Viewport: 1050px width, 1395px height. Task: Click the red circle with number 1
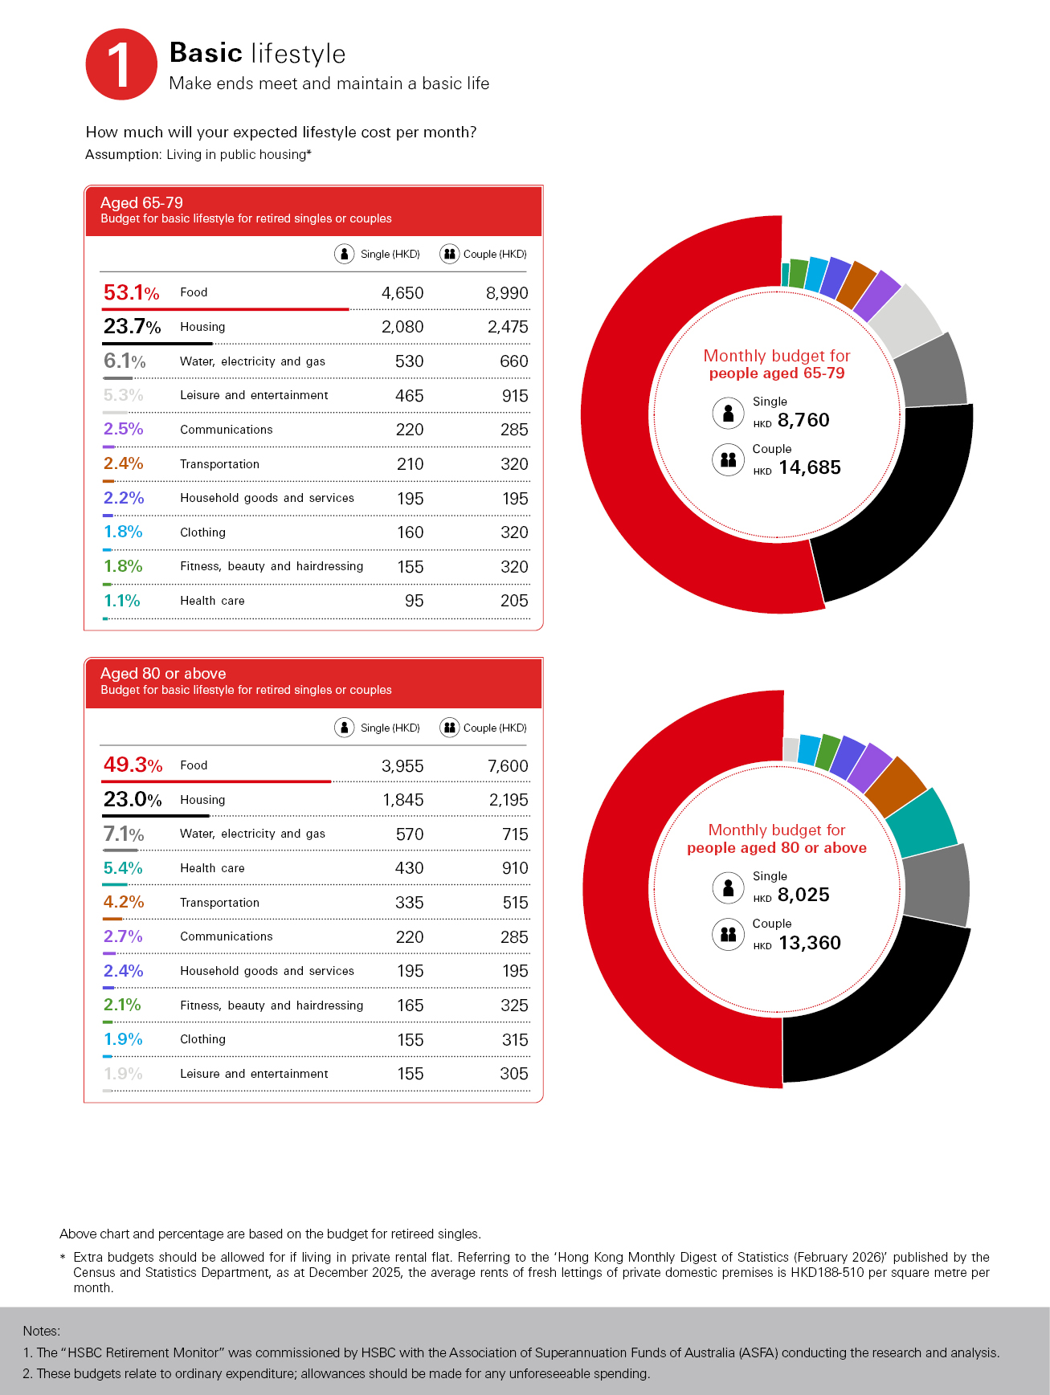pyautogui.click(x=121, y=64)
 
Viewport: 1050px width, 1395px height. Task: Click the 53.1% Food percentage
pyautogui.click(x=131, y=292)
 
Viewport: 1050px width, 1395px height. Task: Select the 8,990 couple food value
pyautogui.click(x=506, y=293)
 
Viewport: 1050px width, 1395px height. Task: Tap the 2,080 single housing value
pyautogui.click(x=402, y=327)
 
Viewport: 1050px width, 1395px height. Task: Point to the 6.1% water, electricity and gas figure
pyautogui.click(x=125, y=361)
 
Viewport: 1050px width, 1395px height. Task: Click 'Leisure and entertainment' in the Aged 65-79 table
pyautogui.click(x=254, y=395)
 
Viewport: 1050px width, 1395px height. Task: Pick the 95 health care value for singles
pyautogui.click(x=414, y=601)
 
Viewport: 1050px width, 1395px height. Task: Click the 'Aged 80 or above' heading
pyautogui.click(x=163, y=673)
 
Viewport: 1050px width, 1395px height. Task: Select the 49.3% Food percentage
pyautogui.click(x=133, y=765)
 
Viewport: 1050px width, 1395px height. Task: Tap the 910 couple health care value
pyautogui.click(x=514, y=868)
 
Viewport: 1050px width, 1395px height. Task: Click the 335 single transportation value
pyautogui.click(x=409, y=903)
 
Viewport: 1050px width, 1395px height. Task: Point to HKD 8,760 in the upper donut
pyautogui.click(x=803, y=420)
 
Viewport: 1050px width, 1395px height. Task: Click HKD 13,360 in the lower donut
pyautogui.click(x=808, y=943)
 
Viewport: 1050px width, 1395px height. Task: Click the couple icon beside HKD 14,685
pyautogui.click(x=728, y=460)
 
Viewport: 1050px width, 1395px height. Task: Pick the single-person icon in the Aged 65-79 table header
pyautogui.click(x=344, y=254)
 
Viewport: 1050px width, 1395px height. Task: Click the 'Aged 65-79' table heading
pyautogui.click(x=141, y=202)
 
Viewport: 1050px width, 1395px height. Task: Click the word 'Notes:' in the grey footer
pyautogui.click(x=41, y=1331)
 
